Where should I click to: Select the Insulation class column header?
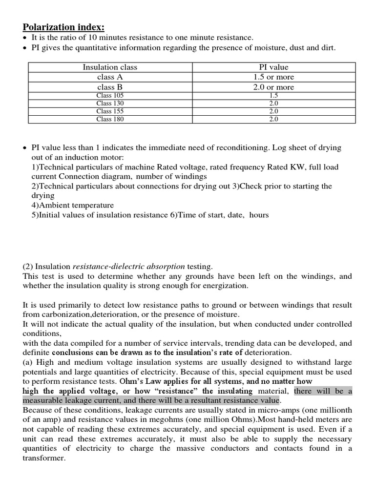(x=110, y=67)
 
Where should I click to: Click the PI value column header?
(x=273, y=67)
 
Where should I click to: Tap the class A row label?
(x=110, y=77)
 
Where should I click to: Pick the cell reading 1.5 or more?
(x=273, y=77)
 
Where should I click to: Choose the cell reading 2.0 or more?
(x=273, y=87)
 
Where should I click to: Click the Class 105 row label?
(x=110, y=96)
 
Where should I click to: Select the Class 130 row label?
(x=110, y=104)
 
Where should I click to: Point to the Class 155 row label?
(x=110, y=111)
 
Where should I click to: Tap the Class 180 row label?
(x=110, y=119)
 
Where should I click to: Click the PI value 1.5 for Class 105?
(x=273, y=96)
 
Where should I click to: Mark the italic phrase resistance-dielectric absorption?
(x=129, y=267)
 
